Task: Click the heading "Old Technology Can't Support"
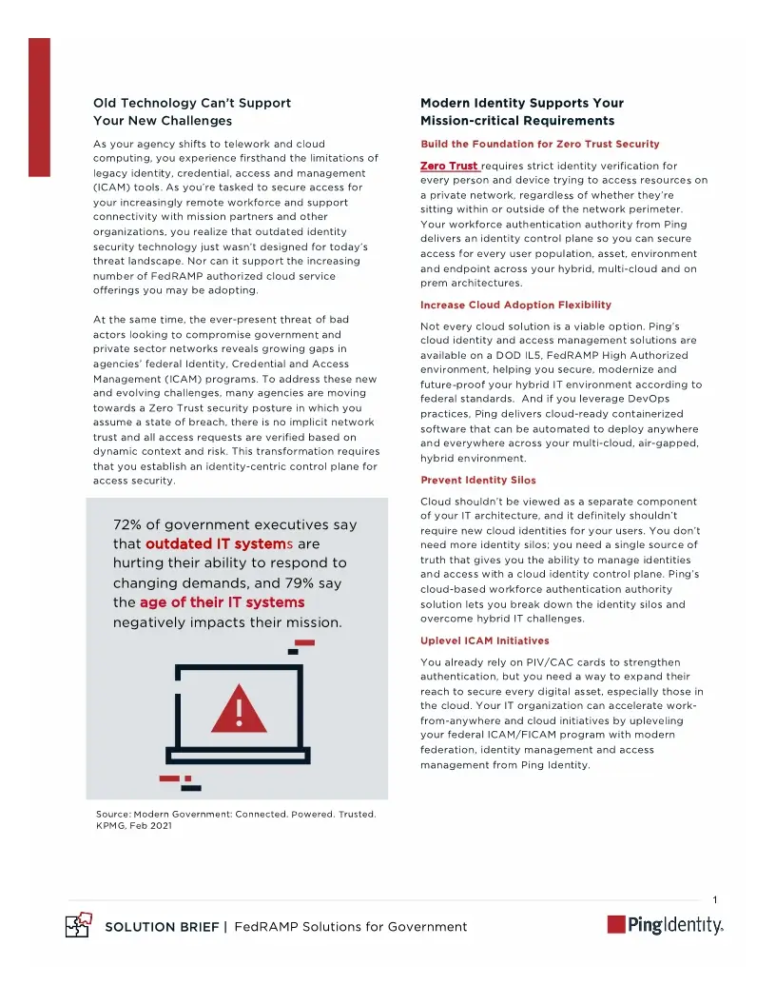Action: coord(191,103)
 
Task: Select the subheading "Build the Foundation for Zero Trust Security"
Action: coord(539,144)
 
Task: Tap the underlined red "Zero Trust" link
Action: coord(450,167)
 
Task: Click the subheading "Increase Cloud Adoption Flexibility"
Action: coord(515,305)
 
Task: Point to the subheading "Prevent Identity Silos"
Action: coord(478,480)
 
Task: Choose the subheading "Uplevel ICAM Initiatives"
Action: coord(484,640)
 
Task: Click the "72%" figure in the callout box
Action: coord(128,525)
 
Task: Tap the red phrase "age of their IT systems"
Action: coord(222,602)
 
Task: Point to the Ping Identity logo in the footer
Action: coord(665,925)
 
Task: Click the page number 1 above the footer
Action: coord(714,899)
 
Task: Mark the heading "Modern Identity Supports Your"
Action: coord(521,103)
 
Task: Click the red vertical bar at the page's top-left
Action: coord(39,107)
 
